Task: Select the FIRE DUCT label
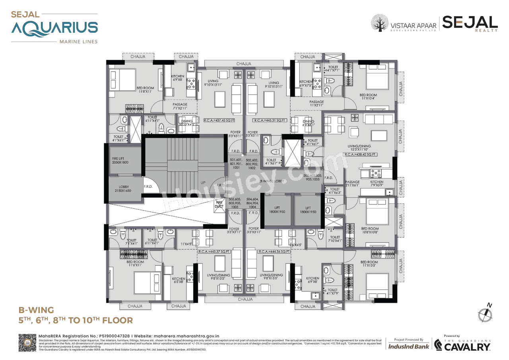point(219,204)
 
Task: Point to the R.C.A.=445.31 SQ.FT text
point(268,120)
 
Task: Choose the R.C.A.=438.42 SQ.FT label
point(361,154)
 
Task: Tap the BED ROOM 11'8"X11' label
point(145,90)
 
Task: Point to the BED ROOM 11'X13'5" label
point(369,264)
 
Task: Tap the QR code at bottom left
point(27,343)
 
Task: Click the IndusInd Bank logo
point(408,346)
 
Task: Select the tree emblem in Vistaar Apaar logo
point(379,23)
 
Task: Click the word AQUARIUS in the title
point(54,28)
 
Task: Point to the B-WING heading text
point(36,309)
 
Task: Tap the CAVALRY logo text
point(467,347)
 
